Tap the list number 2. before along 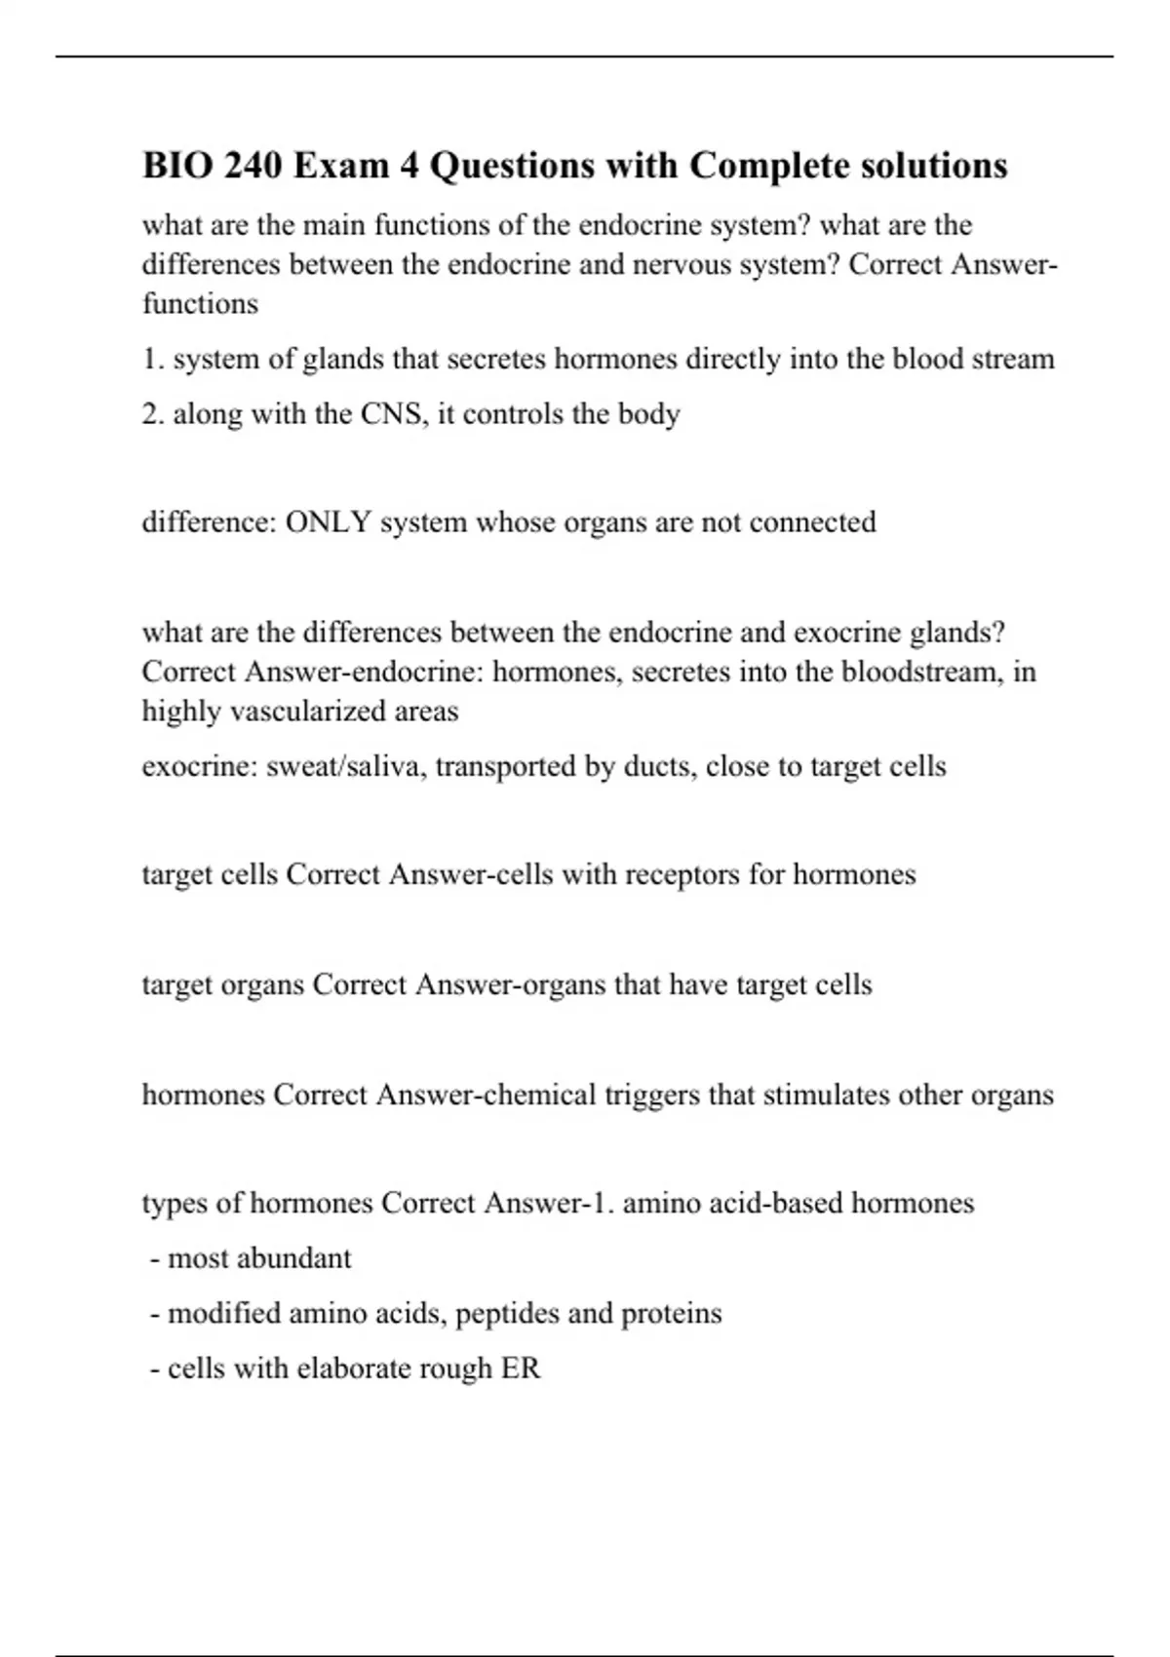[x=153, y=414]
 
